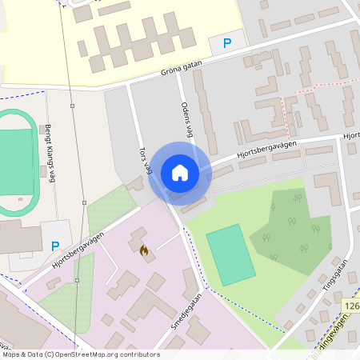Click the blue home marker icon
(x=180, y=172)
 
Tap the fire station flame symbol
(x=144, y=250)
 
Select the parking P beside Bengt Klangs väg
(x=55, y=247)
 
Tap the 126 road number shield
(x=352, y=306)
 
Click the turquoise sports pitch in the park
(x=227, y=254)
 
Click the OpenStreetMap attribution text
(x=81, y=354)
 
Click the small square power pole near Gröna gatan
(x=72, y=105)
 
